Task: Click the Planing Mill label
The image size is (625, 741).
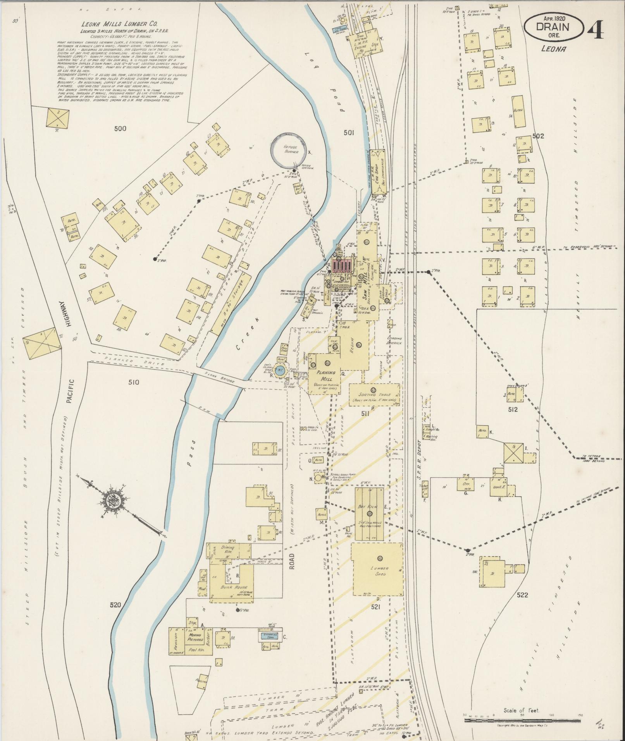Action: [326, 375]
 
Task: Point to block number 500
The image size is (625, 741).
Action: [120, 128]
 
